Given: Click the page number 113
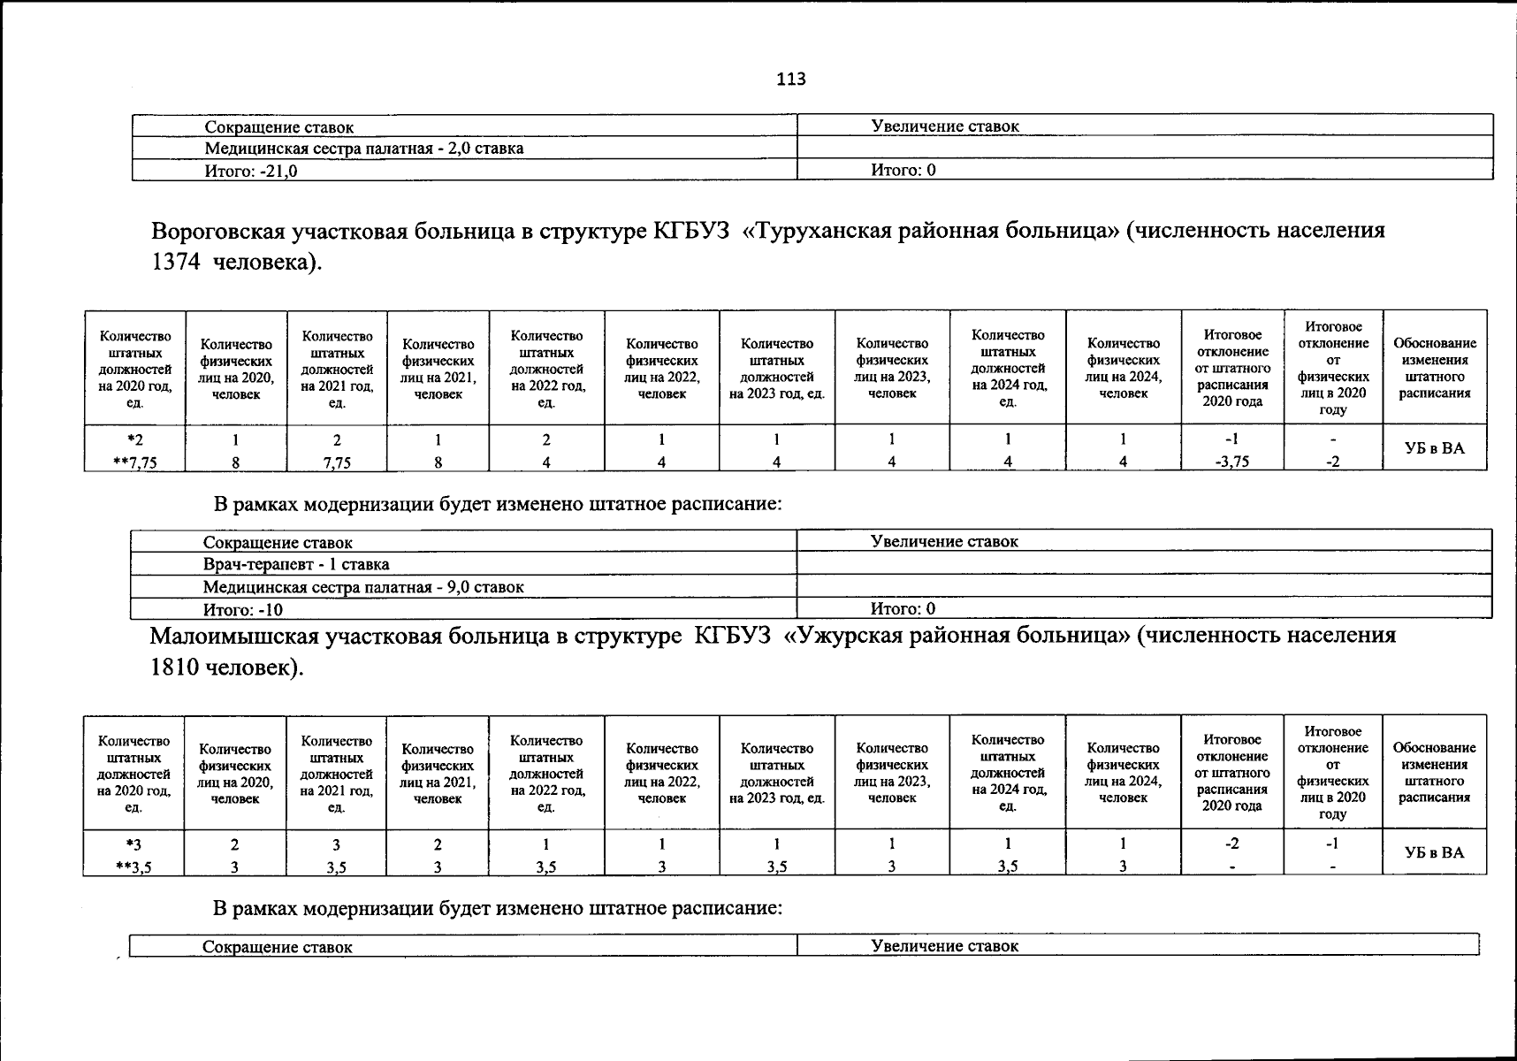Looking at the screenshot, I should click(x=791, y=80).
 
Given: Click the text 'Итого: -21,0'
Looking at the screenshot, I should click(x=251, y=171).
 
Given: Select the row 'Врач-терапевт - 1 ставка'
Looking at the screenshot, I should click(x=296, y=564).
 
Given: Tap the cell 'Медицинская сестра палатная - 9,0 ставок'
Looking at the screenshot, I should click(x=363, y=587).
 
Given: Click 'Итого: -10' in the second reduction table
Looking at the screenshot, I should click(x=243, y=609).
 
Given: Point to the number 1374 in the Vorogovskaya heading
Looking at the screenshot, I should click(x=177, y=263).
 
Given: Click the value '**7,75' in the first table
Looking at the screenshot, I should click(x=135, y=462).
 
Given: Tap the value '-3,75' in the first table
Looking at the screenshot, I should click(x=1232, y=462).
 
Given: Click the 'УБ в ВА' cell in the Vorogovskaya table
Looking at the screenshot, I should click(x=1434, y=448).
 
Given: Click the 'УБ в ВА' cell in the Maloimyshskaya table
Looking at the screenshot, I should click(x=1434, y=853).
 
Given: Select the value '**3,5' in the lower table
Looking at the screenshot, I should click(x=134, y=867).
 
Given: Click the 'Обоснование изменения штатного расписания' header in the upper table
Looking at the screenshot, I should click(x=1434, y=368).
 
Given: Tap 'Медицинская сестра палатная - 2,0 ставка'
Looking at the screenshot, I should click(x=363, y=149).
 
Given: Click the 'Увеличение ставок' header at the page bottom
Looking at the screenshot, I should click(x=944, y=946).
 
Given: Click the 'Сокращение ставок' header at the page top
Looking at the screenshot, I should click(x=279, y=127).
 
